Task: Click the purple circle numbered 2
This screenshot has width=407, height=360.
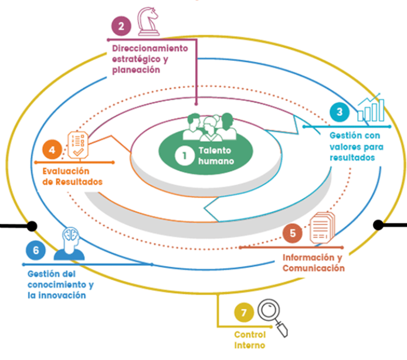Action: (x=121, y=25)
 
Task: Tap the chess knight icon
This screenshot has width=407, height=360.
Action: (x=146, y=22)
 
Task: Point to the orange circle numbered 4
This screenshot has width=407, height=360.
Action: (x=52, y=150)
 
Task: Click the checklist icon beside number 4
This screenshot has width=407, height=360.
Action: (x=78, y=144)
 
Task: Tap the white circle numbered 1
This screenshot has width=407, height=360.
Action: (x=185, y=155)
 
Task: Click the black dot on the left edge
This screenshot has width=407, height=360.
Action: (x=32, y=225)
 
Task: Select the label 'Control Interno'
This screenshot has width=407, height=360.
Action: (x=250, y=339)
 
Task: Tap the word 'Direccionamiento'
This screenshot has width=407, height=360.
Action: (x=150, y=49)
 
